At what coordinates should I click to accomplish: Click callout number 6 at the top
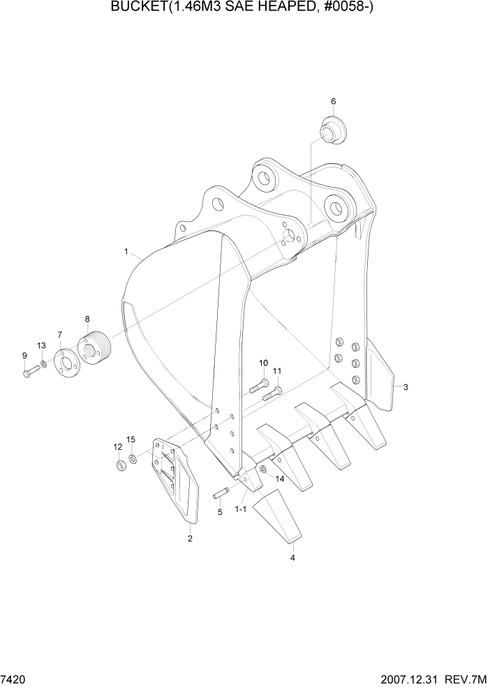coord(333,102)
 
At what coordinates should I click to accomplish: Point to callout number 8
coord(87,319)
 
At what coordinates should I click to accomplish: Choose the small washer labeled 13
coord(44,365)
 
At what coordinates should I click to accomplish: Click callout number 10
coord(263,363)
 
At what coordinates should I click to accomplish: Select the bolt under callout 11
coord(272,395)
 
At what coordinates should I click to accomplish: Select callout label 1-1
coord(241,509)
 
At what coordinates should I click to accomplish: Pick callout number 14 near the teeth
coord(279,479)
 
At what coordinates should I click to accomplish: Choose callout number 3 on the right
coord(406,387)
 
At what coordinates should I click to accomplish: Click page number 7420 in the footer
coord(13,679)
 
